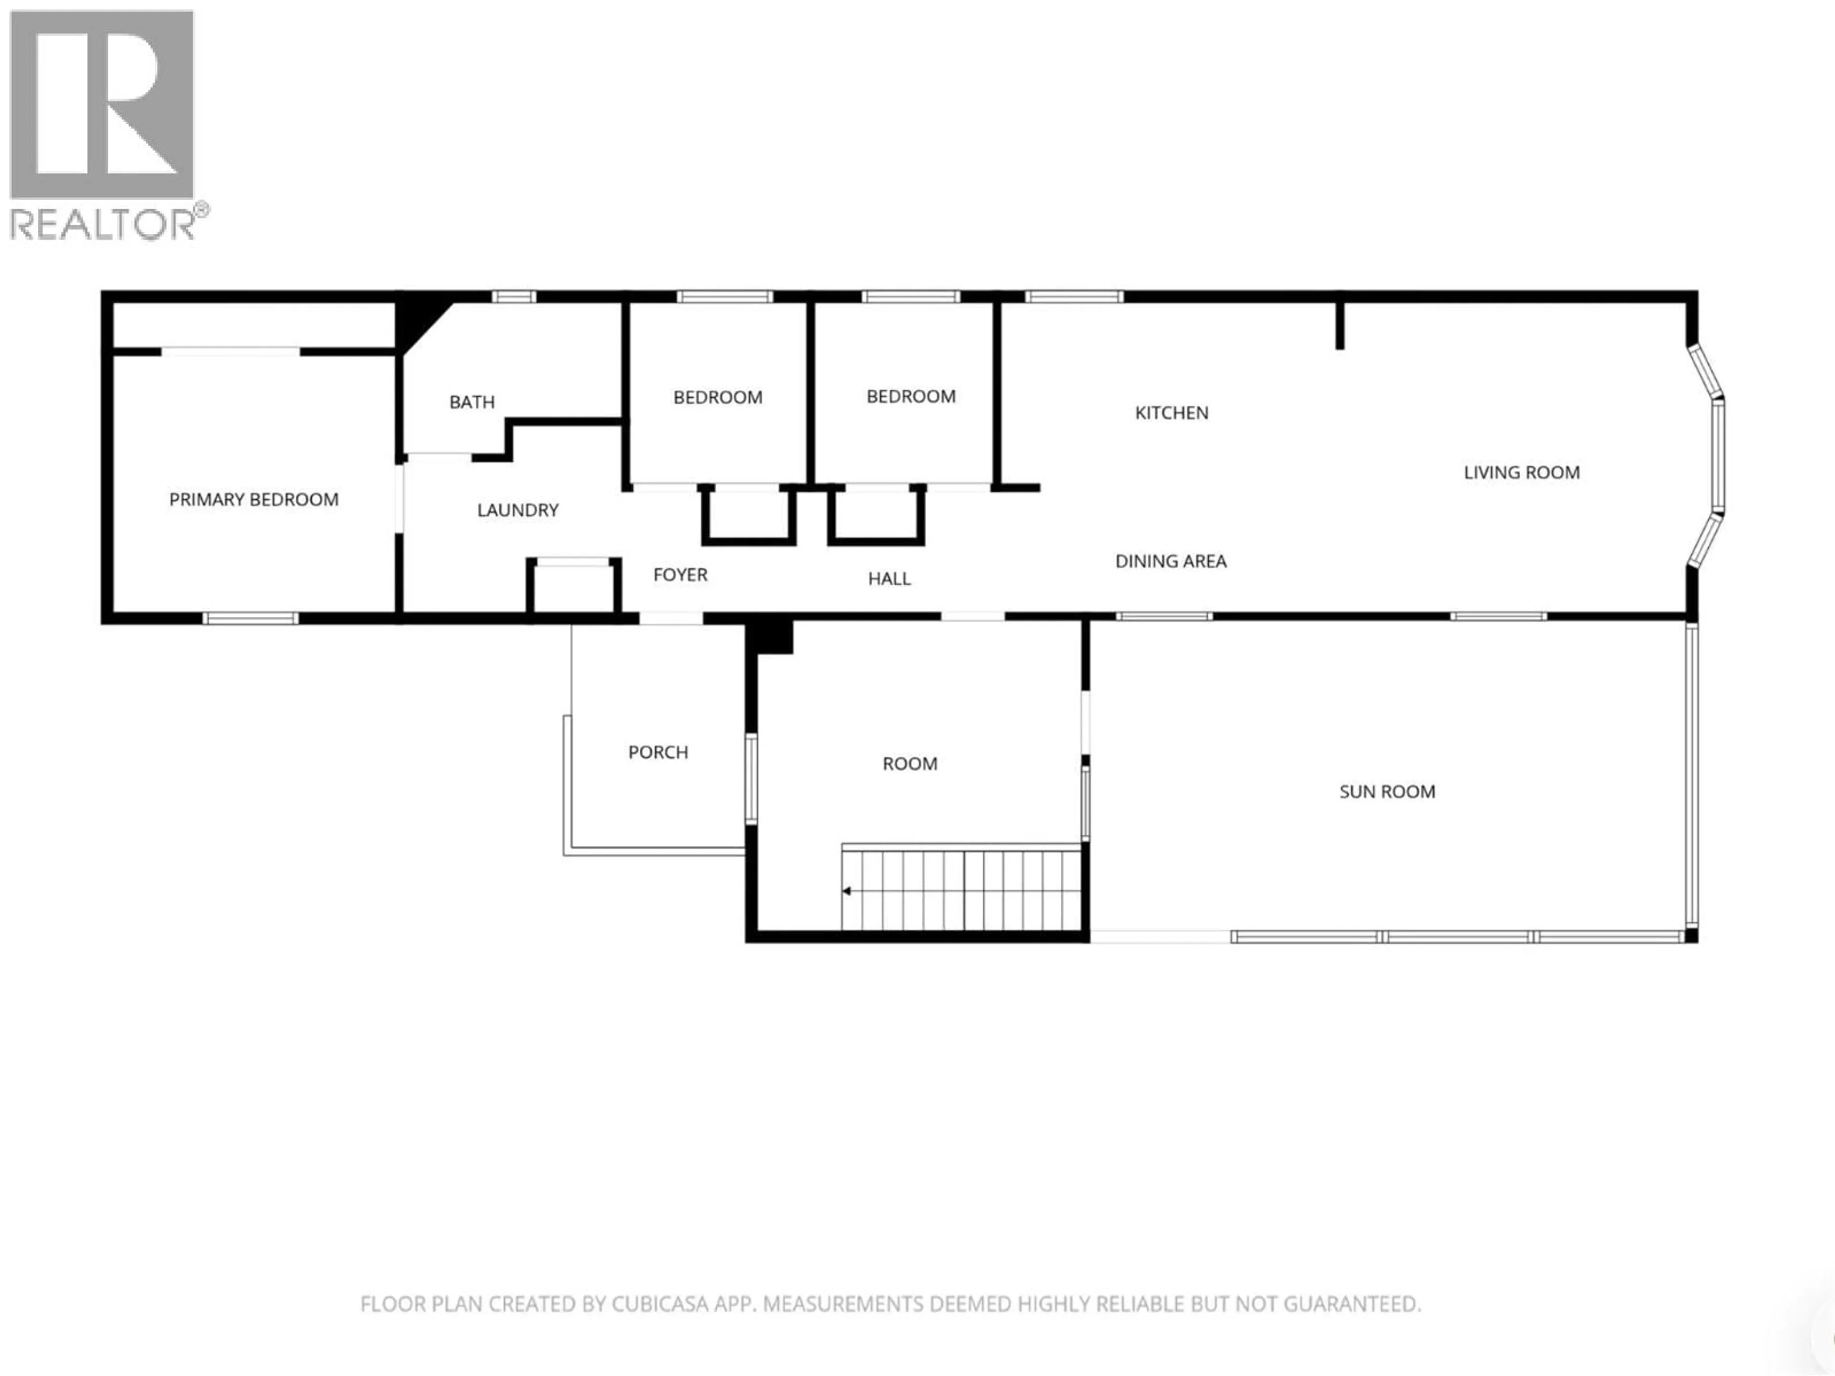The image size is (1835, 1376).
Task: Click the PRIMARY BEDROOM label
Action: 254,499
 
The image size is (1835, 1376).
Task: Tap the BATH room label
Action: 472,402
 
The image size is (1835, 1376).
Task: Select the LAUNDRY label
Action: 518,510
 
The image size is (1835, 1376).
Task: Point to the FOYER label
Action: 680,575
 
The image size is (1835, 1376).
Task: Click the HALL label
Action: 889,579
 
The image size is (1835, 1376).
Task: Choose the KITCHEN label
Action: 1171,413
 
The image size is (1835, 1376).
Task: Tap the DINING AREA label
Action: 1170,561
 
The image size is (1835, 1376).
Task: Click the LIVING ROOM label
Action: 1522,473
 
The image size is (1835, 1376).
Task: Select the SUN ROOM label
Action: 1387,792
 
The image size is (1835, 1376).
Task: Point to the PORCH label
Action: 658,752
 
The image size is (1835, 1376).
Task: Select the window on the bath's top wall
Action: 514,297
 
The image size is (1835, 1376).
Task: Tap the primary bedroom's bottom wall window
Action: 250,618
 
